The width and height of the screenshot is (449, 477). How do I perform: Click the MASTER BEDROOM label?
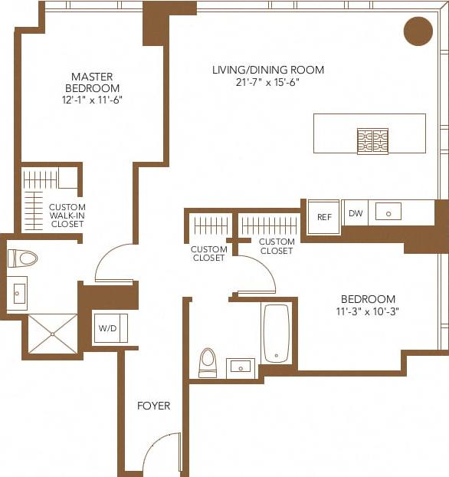[x=92, y=82]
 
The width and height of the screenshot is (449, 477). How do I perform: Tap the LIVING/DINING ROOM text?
[x=268, y=70]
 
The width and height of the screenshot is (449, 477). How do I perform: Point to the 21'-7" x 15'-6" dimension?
[x=268, y=82]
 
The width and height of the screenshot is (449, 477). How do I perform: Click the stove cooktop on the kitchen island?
[x=372, y=140]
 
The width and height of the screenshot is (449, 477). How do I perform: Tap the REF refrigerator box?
[x=324, y=217]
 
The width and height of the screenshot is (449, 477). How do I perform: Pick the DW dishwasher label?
[x=356, y=214]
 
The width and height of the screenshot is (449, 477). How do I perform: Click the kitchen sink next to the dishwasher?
[x=388, y=212]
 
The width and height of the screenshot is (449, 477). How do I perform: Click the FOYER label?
[x=153, y=406]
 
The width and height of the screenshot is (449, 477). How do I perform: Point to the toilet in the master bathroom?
[x=22, y=258]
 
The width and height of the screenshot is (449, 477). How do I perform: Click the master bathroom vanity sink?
[x=18, y=293]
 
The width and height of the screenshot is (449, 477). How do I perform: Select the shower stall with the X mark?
[x=53, y=334]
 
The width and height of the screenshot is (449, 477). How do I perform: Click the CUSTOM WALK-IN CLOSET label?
[x=67, y=217]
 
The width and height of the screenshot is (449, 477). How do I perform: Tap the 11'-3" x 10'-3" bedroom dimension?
[x=368, y=311]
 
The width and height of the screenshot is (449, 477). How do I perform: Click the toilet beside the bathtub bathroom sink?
[x=208, y=363]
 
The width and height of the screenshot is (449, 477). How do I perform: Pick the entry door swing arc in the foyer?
[x=160, y=452]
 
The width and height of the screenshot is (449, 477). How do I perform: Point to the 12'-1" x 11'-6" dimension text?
[x=92, y=100]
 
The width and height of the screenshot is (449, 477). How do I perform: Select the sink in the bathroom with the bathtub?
[x=241, y=365]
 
